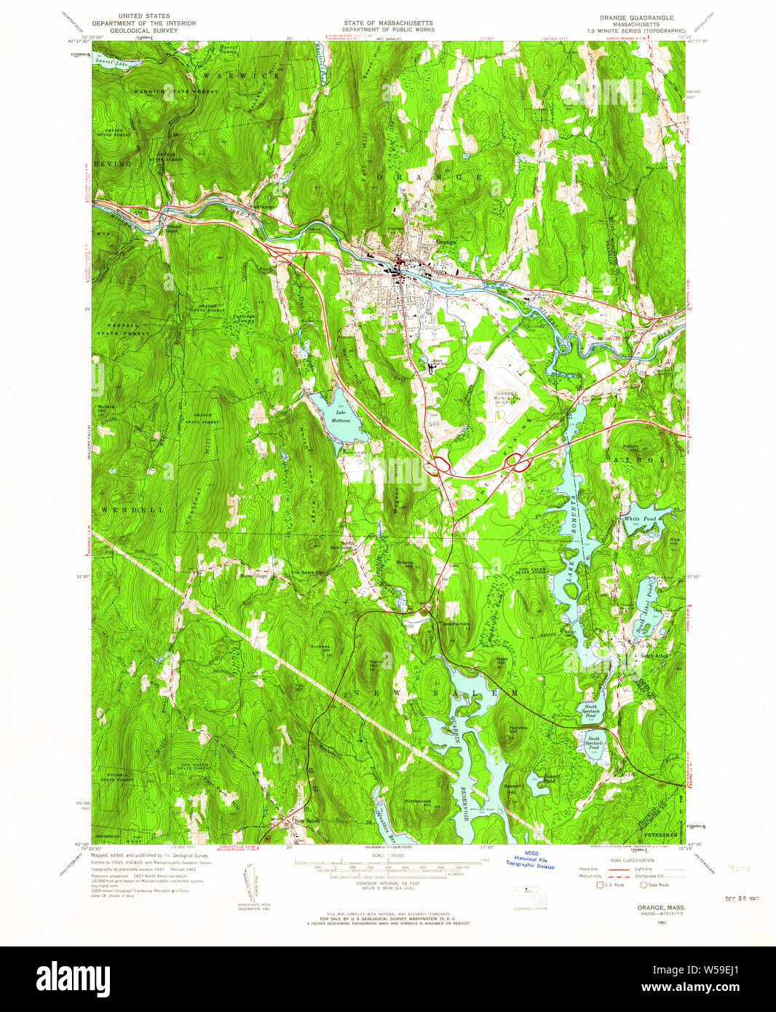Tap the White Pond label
pyautogui.click(x=640, y=518)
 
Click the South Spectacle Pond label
pyautogui.click(x=594, y=743)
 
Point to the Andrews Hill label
pyautogui.click(x=321, y=647)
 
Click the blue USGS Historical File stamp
pyautogui.click(x=534, y=861)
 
